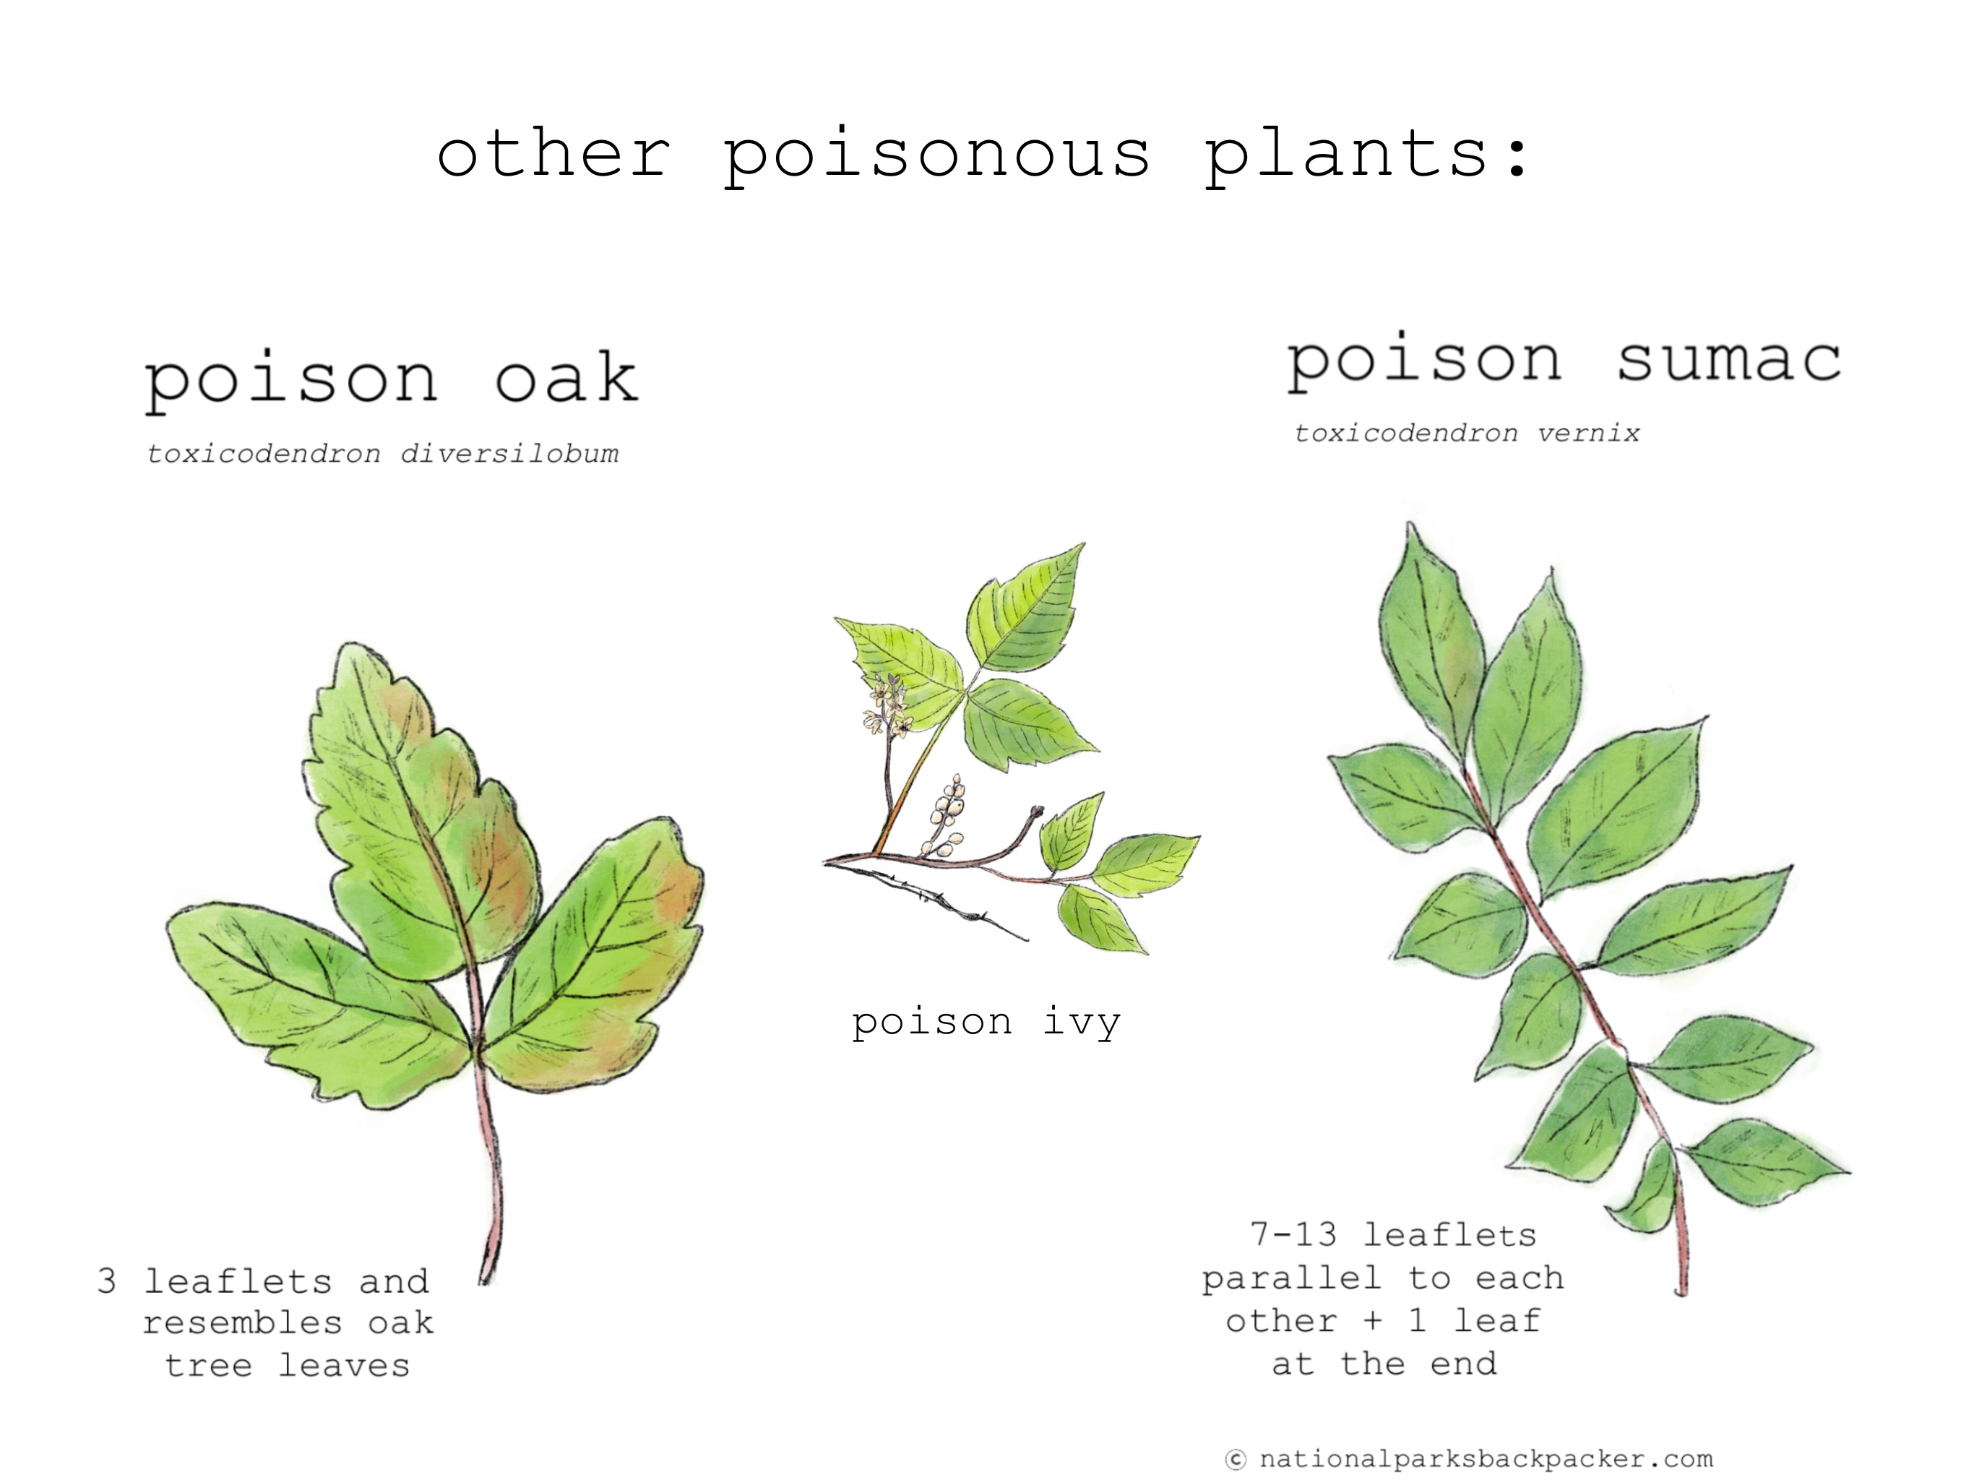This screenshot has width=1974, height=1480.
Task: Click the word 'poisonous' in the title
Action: tap(936, 156)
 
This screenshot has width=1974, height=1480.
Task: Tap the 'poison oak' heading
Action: tap(391, 379)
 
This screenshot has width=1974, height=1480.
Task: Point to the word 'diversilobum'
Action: tap(509, 453)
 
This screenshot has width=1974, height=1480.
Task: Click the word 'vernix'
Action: tap(1588, 434)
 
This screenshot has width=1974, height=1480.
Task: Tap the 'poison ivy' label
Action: tap(986, 1023)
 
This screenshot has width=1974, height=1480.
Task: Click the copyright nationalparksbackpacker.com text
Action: tap(1469, 1458)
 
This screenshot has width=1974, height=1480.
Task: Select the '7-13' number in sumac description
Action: tap(1293, 1234)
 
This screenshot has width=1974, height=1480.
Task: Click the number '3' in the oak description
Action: tap(106, 1281)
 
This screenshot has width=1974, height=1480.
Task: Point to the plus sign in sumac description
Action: tap(1373, 1321)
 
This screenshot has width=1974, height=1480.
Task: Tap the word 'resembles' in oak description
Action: tap(242, 1324)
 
